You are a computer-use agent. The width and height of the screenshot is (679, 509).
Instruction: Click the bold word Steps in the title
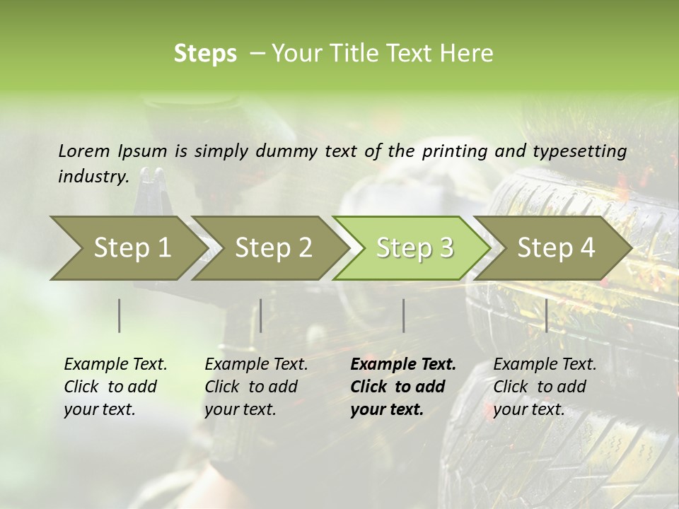tap(205, 54)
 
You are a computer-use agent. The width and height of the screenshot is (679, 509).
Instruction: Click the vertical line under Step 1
tap(120, 315)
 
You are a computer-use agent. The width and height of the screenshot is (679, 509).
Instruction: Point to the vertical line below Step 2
tap(261, 315)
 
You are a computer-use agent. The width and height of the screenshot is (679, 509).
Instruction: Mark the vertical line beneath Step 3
tap(404, 315)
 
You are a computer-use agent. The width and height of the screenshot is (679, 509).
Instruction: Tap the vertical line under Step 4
tap(546, 315)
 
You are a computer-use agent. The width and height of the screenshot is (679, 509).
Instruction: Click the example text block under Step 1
tap(115, 387)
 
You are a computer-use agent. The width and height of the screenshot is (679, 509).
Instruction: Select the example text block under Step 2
tap(256, 387)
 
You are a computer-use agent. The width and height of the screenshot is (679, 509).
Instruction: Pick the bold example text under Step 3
tap(403, 387)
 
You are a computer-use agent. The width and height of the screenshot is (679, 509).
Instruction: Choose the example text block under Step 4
tap(545, 387)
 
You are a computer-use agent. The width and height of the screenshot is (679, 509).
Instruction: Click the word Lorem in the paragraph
tap(83, 151)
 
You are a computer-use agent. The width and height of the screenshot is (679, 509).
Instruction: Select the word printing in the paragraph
tap(455, 151)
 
